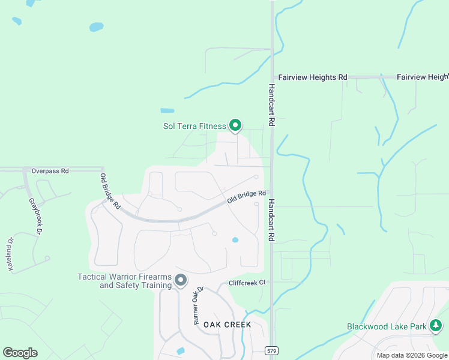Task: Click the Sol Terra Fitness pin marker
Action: point(235,125)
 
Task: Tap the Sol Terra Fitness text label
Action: point(194,126)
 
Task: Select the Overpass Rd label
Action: point(50,171)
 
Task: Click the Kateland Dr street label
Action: point(10,254)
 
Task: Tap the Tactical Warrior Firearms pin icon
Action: point(181,280)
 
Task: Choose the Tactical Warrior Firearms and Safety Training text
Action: point(124,281)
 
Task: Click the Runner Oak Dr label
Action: point(198,305)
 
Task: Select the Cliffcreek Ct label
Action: point(247,283)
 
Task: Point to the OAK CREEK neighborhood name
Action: point(227,325)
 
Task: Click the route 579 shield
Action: point(272,350)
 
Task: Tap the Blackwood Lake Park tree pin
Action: point(436,326)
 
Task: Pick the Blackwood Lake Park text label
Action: point(387,327)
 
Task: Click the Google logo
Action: point(20,353)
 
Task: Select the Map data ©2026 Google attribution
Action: point(411,355)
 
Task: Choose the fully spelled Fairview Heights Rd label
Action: point(312,77)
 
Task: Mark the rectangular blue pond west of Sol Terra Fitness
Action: point(167,110)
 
